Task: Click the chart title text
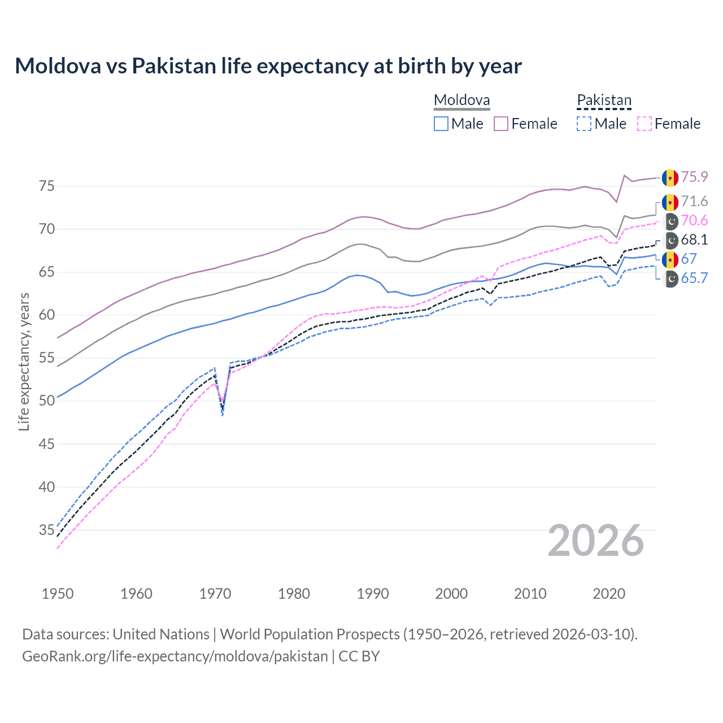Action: [268, 66]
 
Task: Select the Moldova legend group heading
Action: [461, 101]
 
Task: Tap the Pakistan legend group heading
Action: [604, 101]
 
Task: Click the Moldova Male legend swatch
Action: [441, 124]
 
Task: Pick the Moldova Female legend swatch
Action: [501, 124]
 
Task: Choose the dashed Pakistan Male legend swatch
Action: [584, 124]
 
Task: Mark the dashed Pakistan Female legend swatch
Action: [644, 124]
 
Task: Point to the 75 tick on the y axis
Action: [46, 186]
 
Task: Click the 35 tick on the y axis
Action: [46, 530]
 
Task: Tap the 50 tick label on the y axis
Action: [46, 400]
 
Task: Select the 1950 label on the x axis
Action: [58, 594]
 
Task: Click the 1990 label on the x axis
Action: [373, 594]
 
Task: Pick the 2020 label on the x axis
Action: [609, 594]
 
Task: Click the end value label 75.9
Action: [694, 177]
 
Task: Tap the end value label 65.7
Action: [694, 278]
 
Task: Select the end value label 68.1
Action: [694, 239]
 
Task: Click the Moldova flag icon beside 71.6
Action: [670, 202]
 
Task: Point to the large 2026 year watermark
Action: [596, 541]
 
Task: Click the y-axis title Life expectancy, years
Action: [24, 361]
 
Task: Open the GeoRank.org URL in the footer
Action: [175, 656]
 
